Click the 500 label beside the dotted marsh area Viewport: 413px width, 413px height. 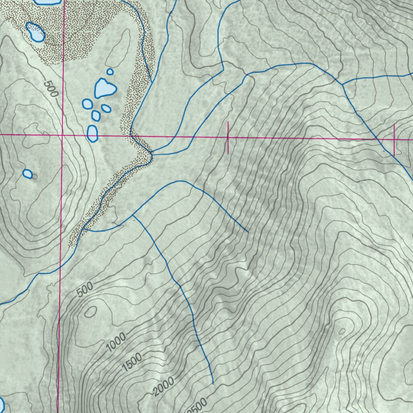[x=51, y=88]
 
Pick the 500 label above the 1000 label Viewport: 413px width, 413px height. [x=85, y=290]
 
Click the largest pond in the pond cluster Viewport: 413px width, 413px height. [x=104, y=88]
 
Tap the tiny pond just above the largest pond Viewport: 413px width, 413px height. [x=110, y=71]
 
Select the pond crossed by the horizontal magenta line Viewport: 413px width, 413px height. [x=93, y=133]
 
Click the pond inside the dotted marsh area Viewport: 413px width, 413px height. [x=35, y=32]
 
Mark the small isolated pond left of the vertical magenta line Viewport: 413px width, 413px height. [x=27, y=174]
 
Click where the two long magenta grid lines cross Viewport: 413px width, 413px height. [x=62, y=135]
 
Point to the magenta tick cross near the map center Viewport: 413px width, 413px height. [x=228, y=138]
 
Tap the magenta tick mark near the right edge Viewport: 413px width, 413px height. [x=394, y=140]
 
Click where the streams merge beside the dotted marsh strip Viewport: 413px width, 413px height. [x=152, y=153]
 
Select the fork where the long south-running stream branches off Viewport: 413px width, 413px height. [x=133, y=215]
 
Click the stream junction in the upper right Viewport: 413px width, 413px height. [x=342, y=84]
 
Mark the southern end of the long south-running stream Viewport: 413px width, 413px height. [x=213, y=383]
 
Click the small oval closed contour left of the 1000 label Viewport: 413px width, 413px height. [x=91, y=311]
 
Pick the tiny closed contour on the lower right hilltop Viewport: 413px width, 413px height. [x=342, y=331]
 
